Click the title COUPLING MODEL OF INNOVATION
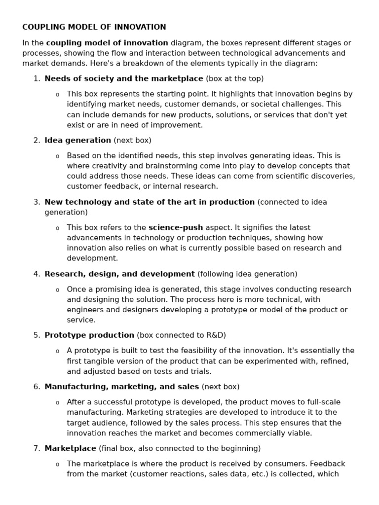[94, 27]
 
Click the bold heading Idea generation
[77, 140]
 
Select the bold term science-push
[175, 227]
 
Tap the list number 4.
[37, 274]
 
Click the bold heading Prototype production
[89, 335]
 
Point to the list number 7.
[37, 448]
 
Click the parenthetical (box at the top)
[234, 78]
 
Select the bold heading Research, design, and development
[119, 274]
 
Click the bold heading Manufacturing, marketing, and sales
[121, 387]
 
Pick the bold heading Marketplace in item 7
[70, 448]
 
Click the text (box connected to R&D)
[181, 335]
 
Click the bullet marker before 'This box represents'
[57, 94]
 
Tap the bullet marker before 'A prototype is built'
[57, 351]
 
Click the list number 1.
[37, 78]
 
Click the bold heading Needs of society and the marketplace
[123, 78]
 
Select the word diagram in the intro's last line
[303, 63]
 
